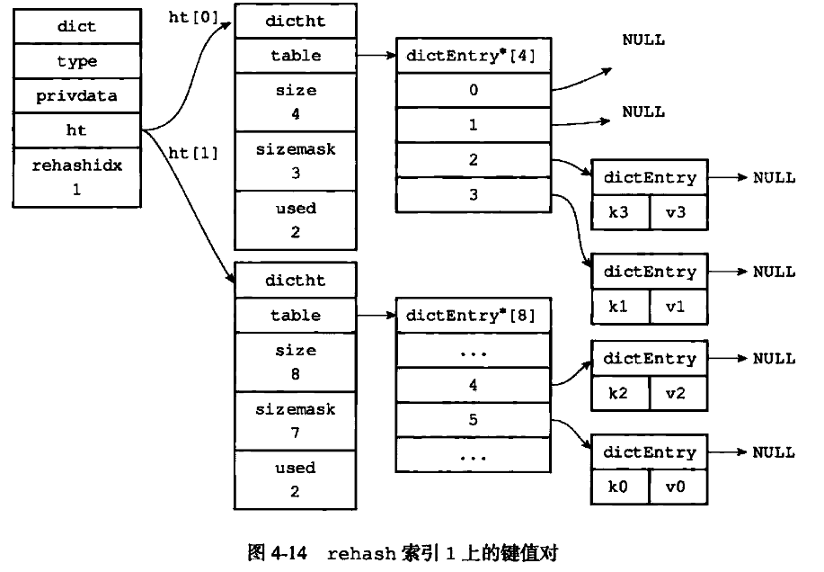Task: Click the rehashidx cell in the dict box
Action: tap(76, 178)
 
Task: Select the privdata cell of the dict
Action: tap(76, 96)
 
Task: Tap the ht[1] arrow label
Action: tap(193, 153)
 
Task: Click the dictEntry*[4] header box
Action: tap(472, 56)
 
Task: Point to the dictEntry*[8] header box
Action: tap(472, 316)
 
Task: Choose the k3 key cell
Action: tap(618, 212)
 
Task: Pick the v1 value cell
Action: tap(678, 307)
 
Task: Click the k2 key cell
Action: tap(618, 393)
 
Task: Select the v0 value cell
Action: tap(678, 487)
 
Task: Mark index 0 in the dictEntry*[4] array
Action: tap(473, 90)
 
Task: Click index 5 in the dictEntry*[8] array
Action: tap(473, 420)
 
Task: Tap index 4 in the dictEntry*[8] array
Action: tap(473, 385)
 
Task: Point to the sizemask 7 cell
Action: tap(296, 421)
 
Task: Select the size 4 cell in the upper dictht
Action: tap(296, 103)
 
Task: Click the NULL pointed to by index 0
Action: tap(643, 40)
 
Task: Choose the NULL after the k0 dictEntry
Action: tap(774, 452)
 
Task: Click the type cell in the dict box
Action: tap(76, 61)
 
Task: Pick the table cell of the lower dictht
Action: tap(296, 316)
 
